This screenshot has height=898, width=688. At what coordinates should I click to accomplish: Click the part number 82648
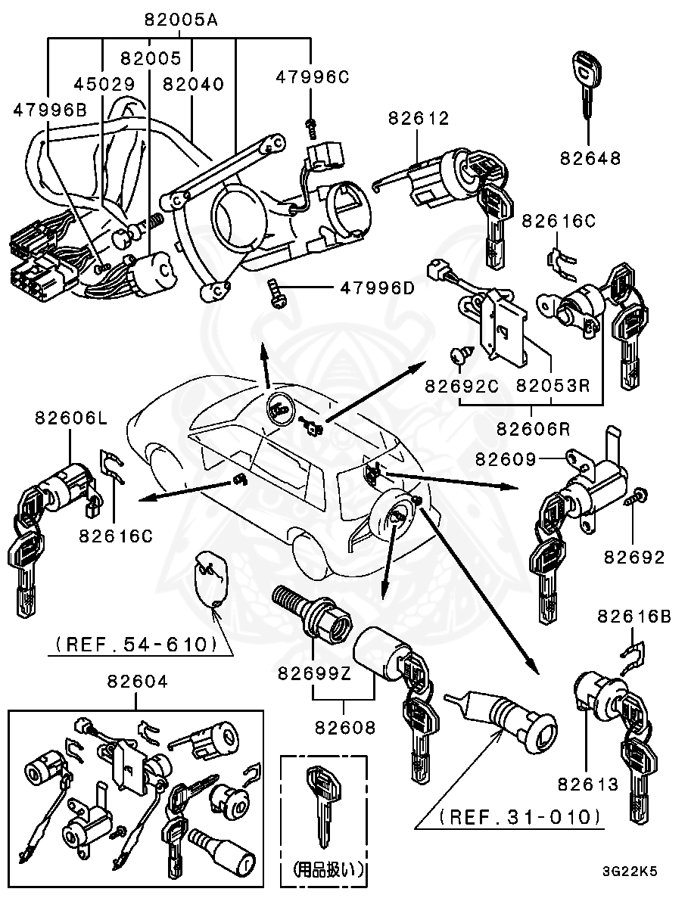590,158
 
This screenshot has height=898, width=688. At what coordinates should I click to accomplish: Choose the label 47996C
312,76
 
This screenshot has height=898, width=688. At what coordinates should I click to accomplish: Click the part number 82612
419,118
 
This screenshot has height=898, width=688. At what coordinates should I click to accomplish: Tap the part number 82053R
553,386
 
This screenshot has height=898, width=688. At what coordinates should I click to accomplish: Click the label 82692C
461,386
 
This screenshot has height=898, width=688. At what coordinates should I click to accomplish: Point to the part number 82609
506,458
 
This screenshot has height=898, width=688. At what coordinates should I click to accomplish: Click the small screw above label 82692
634,496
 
